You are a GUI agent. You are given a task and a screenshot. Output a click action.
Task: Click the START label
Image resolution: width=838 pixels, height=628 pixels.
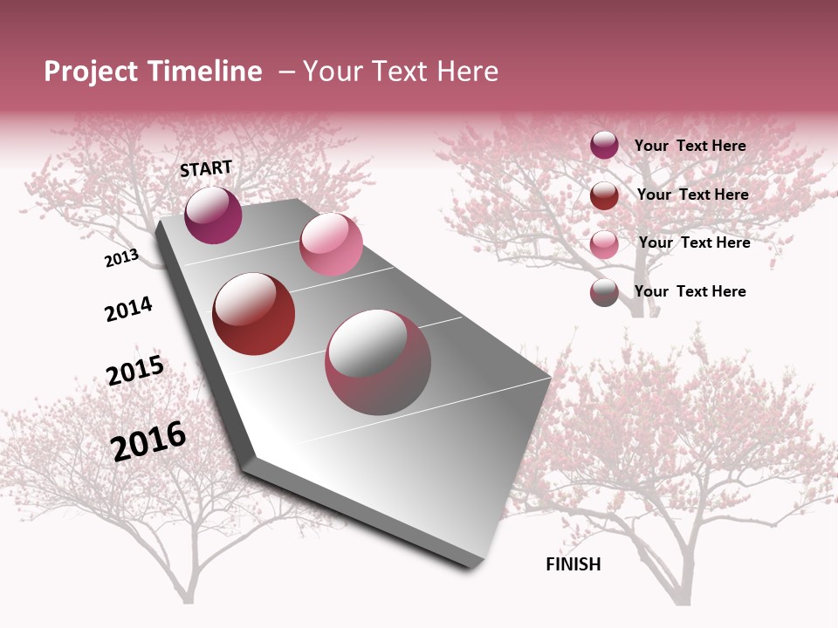tap(206, 168)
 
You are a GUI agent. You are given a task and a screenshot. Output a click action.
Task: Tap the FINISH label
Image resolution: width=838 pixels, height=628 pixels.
tap(573, 564)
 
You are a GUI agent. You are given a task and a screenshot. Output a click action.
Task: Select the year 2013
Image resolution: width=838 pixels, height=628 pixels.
tap(121, 258)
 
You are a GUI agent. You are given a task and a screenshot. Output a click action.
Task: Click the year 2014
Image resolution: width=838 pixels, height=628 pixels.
tap(128, 310)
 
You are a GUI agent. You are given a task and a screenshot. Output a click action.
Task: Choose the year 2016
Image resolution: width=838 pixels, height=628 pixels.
tap(148, 441)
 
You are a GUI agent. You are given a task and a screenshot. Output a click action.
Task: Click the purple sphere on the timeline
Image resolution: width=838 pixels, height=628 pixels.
tap(213, 215)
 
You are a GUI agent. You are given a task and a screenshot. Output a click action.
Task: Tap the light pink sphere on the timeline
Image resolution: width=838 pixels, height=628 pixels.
tap(331, 244)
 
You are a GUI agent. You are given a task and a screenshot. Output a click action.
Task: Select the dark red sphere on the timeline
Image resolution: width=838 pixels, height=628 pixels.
tap(254, 314)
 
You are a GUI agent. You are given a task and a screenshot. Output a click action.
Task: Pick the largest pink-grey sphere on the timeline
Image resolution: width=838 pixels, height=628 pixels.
tap(378, 362)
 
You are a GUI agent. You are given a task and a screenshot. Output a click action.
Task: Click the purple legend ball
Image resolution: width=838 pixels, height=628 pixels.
tap(604, 146)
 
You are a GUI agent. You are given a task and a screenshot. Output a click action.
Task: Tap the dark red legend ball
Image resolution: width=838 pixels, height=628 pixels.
tap(604, 195)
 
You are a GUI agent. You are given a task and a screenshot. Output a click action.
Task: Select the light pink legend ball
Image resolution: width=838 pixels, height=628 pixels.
tap(604, 243)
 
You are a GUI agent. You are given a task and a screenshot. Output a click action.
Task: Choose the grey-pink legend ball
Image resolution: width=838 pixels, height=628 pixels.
tap(604, 292)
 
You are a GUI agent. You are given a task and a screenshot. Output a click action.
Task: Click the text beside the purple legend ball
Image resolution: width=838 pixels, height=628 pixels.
tap(690, 146)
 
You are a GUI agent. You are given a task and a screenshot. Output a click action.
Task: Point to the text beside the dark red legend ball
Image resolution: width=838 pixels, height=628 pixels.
tap(692, 195)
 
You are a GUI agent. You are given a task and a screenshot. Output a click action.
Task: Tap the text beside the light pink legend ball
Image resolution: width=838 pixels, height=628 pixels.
tap(694, 242)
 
